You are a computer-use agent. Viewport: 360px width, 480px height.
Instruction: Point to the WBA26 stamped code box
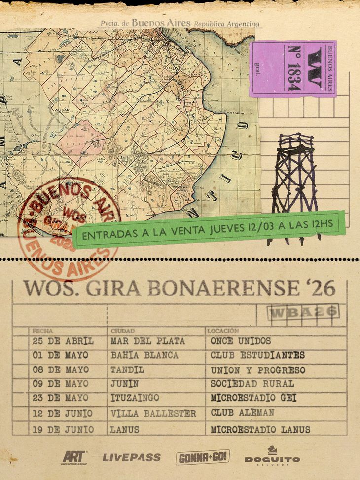tap(302, 311)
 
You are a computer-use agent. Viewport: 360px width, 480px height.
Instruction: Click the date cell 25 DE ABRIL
tap(63, 341)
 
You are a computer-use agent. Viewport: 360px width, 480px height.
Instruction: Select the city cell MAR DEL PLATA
tap(148, 341)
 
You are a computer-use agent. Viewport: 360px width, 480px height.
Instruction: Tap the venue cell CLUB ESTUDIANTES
tap(257, 355)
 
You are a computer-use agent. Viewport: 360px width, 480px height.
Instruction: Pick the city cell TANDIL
tap(127, 370)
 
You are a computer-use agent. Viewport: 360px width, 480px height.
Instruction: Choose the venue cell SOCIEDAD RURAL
tap(252, 384)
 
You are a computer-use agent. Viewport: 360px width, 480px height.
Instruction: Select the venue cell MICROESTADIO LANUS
tap(260, 430)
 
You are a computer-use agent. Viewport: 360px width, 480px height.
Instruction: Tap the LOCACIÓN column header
tap(223, 331)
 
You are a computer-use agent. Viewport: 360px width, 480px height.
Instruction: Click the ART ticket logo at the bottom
tap(74, 457)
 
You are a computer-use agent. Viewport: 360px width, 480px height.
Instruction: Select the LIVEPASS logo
tap(131, 457)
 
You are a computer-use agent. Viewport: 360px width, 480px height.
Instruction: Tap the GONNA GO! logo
tap(203, 457)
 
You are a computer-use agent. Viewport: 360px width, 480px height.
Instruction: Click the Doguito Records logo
tap(272, 456)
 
